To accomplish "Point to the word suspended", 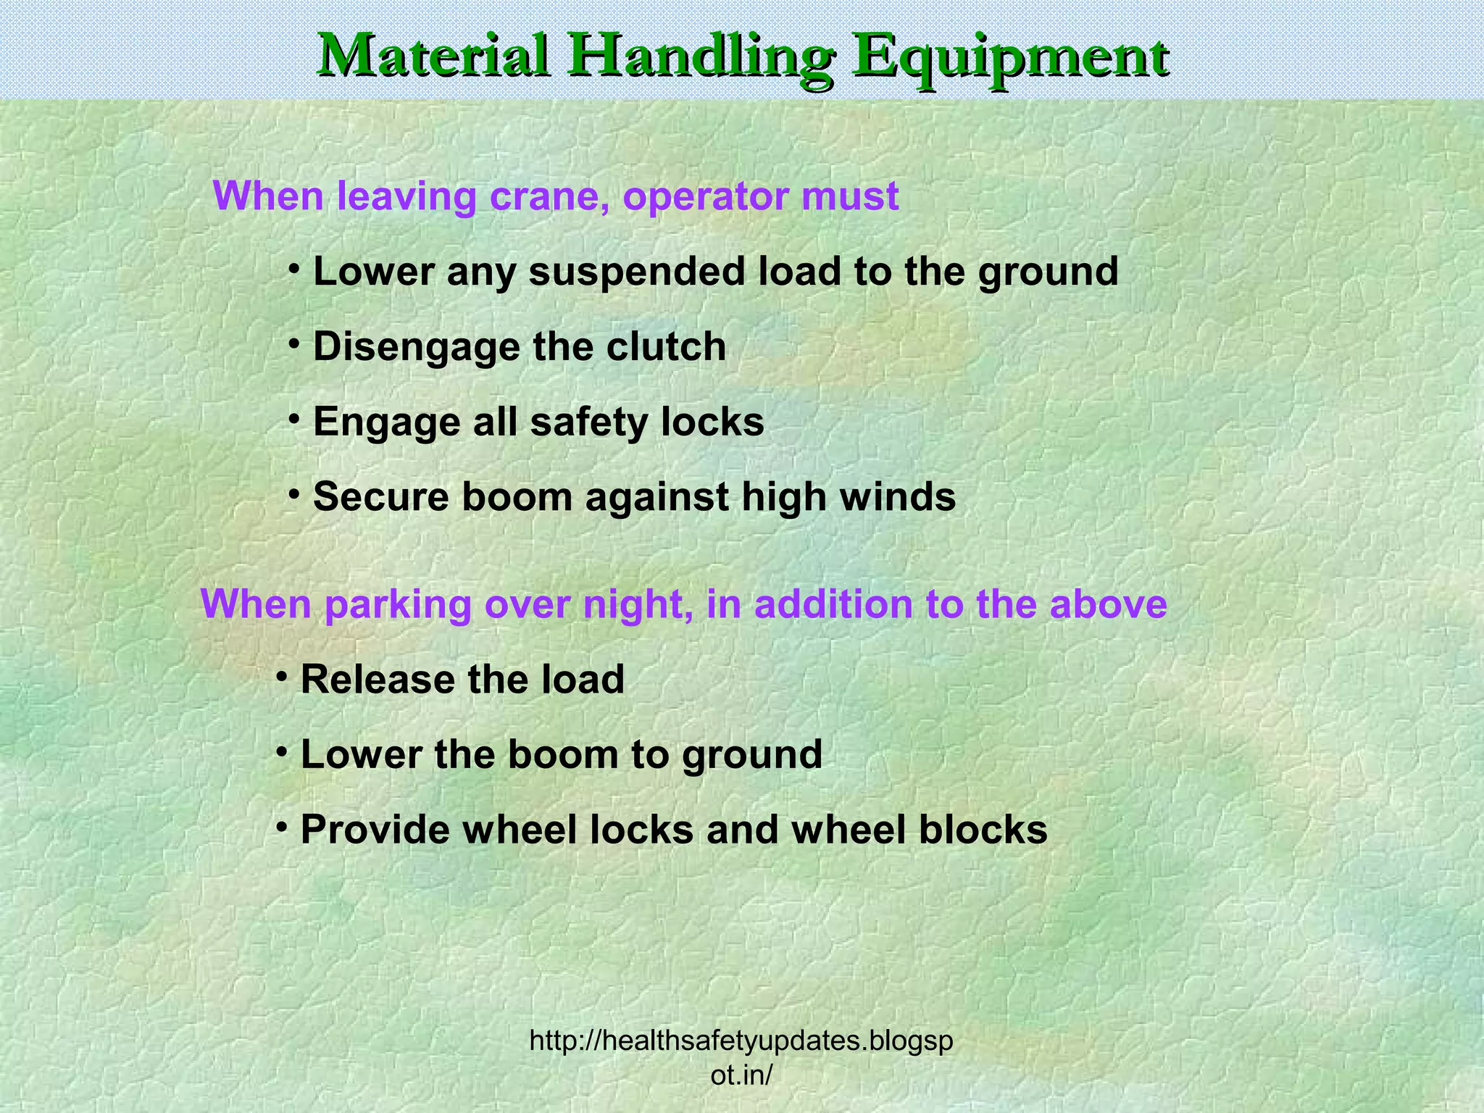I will pos(637,272).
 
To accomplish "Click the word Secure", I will pos(381,497).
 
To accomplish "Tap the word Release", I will pos(378,680).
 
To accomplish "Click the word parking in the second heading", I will pos(398,605).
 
